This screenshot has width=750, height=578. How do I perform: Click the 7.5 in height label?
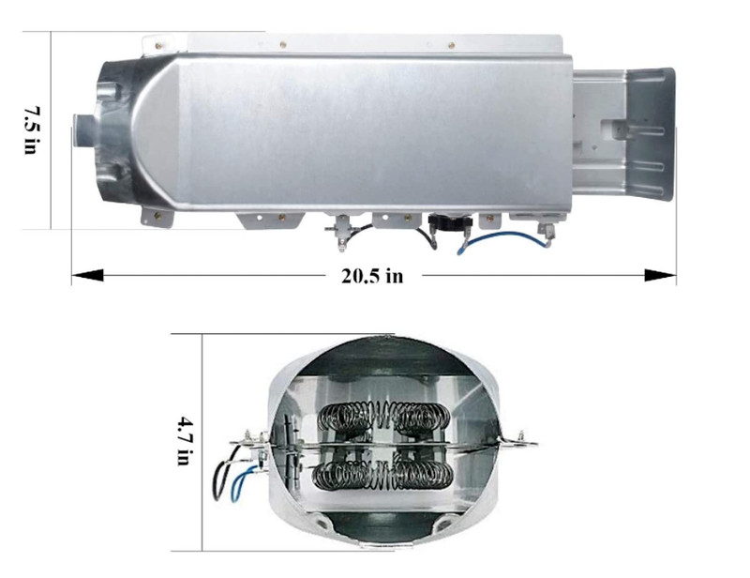coord(31,130)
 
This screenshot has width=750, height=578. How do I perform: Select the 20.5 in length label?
coord(372,276)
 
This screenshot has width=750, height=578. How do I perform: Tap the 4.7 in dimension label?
coord(185,441)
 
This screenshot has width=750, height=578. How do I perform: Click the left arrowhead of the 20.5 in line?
coord(87,275)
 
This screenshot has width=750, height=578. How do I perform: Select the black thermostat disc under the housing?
coord(450,221)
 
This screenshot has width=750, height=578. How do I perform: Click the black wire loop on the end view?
coord(225,474)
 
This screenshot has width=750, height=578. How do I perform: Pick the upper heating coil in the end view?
coord(383,416)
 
